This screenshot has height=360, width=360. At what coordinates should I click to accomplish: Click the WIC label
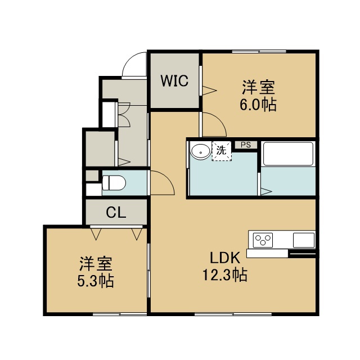pyautogui.click(x=174, y=80)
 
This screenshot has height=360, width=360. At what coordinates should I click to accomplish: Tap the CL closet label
pyautogui.click(x=116, y=213)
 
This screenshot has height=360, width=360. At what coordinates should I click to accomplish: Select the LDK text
pyautogui.click(x=225, y=258)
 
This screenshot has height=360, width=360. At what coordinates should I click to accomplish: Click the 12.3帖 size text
pyautogui.click(x=224, y=275)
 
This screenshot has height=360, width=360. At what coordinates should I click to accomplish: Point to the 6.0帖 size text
pyautogui.click(x=258, y=105)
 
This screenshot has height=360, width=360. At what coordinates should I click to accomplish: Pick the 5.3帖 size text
pyautogui.click(x=96, y=281)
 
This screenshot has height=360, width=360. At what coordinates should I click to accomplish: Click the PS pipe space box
pyautogui.click(x=246, y=145)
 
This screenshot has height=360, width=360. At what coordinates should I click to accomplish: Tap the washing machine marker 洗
pyautogui.click(x=222, y=151)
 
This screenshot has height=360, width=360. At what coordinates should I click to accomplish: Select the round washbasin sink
pyautogui.click(x=201, y=151)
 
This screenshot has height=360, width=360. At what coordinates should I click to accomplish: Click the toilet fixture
pyautogui.click(x=114, y=183)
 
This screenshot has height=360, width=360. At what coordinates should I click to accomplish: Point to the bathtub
pyautogui.click(x=289, y=154)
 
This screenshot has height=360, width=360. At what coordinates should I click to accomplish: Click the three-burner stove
pyautogui.click(x=263, y=240)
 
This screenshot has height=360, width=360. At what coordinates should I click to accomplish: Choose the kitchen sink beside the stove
pyautogui.click(x=304, y=240)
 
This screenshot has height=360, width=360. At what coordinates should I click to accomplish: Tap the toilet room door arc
pyautogui.click(x=167, y=178)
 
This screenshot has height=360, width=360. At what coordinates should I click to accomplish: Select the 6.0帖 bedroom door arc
pyautogui.click(x=219, y=119)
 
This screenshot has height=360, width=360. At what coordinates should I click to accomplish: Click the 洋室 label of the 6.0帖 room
pyautogui.click(x=259, y=87)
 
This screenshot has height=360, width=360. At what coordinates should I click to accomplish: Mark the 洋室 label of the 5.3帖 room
pyautogui.click(x=96, y=264)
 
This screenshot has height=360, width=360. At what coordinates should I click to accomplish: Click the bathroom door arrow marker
pyautogui.click(x=266, y=192)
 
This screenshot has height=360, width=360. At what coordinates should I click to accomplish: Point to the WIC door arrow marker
pyautogui.click(x=209, y=91)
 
